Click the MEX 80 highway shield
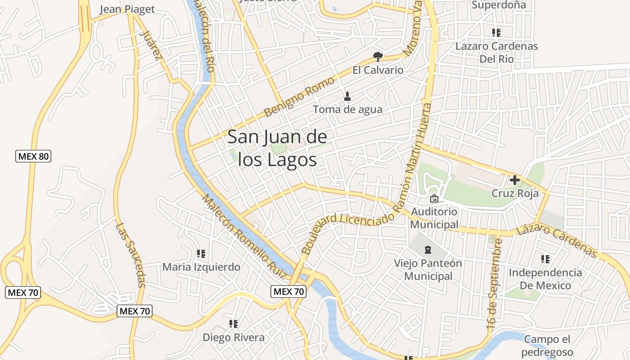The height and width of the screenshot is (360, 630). pos(33,157)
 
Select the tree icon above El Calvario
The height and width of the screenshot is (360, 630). pos(378,56)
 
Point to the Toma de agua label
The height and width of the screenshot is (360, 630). pos(347,109)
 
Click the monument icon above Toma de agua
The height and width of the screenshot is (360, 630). pos(347,96)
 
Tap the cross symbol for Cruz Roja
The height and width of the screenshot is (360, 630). pos(514,180)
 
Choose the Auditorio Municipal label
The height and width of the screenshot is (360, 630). pos(434,218)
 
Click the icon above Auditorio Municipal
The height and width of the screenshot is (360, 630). pos(434,198)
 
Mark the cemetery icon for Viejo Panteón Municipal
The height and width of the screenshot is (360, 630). pos(427,249)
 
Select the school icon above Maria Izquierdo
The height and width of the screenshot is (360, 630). pos(201,254)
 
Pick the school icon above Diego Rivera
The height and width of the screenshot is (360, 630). pos(233,324)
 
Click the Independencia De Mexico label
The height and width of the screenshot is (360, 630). pos(545,279)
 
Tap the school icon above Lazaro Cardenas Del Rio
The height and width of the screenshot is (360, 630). pos(496,32)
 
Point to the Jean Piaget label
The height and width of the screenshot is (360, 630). pos(127,9)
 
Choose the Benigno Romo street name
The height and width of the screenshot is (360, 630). pos(299,97)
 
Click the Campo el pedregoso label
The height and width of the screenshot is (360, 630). pos(548,346)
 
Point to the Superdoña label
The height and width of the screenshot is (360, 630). pos(499,5)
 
